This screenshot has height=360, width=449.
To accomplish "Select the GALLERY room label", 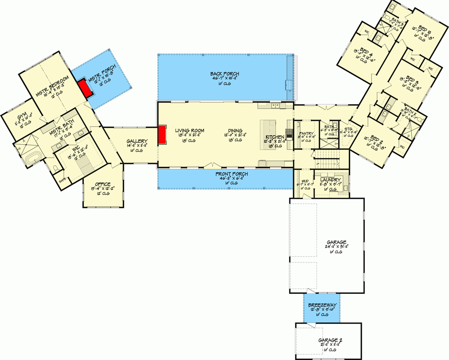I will [x=134, y=141].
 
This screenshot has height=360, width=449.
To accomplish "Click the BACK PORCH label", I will [x=224, y=74].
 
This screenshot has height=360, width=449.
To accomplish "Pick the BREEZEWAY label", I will [x=322, y=305].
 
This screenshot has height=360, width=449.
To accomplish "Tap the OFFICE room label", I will [x=103, y=184].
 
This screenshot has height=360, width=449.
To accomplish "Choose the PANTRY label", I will [x=306, y=133].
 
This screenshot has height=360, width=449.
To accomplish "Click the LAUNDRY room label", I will [x=330, y=180].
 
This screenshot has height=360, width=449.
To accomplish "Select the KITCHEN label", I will [x=275, y=137].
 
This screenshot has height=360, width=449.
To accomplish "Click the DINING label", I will [x=233, y=131].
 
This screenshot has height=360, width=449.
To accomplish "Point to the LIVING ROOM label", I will [x=190, y=131].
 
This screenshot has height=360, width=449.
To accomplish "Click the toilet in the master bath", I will [x=56, y=169].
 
